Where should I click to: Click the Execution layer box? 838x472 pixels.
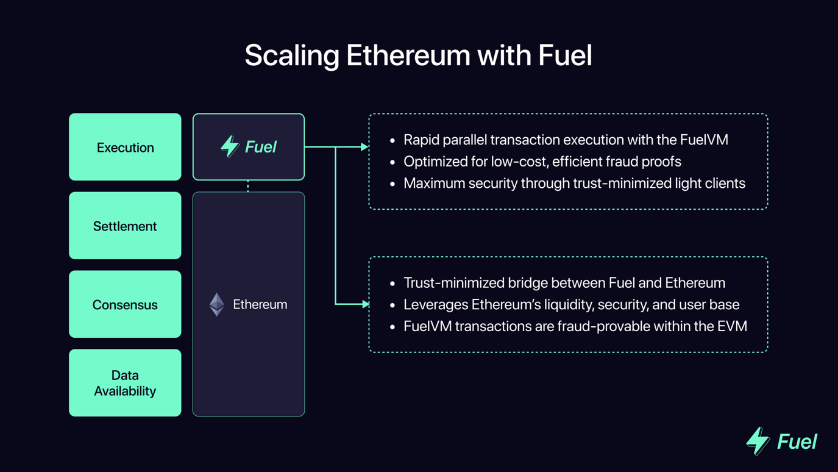coord(125,147)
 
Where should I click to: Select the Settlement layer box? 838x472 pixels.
coord(125,226)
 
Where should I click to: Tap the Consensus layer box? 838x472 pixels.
coord(125,304)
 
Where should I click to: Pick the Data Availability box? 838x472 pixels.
coord(125,383)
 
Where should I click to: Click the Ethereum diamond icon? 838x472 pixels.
coord(217,304)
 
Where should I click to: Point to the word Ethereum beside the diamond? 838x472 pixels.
coord(260,304)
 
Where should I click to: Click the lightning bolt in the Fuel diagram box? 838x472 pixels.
coord(230,146)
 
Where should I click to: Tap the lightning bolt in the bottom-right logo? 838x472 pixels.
coord(758,440)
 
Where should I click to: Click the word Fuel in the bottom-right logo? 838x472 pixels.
coord(797,442)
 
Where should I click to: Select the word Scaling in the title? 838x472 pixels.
coord(291,55)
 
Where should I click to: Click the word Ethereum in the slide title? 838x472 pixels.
coord(408,55)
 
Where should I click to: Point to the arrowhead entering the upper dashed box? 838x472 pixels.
coord(364,147)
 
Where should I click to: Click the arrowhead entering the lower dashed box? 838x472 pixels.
coord(365,304)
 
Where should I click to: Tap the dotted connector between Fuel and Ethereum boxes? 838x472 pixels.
coord(248,186)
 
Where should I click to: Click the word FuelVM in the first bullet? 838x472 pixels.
coord(705,140)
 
